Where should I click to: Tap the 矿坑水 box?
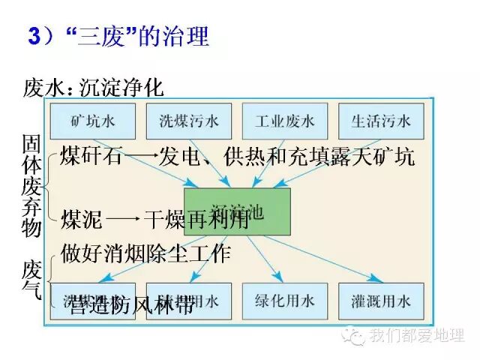point(92,121)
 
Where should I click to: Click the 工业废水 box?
point(284,121)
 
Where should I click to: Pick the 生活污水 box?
point(381,121)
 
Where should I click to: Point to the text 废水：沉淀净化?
point(94,87)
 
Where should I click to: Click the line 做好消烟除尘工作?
point(146,253)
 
